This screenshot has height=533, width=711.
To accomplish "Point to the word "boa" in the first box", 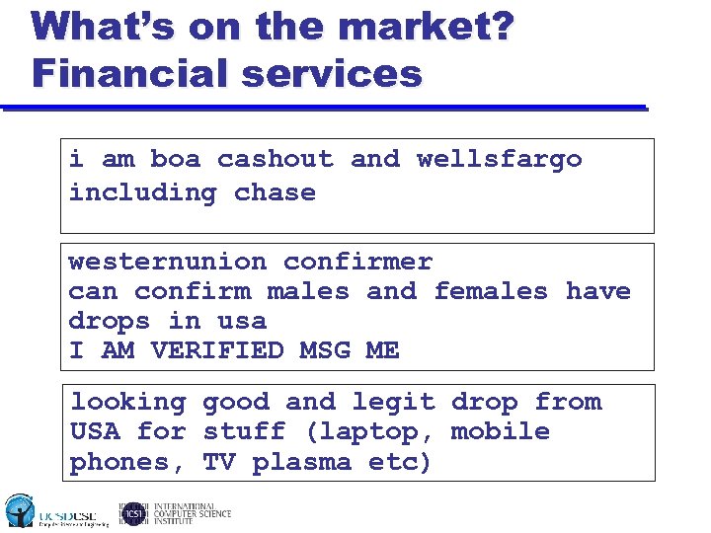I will click(175, 159).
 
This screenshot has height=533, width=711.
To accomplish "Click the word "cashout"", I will click(276, 159).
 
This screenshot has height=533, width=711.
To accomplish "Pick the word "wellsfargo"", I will click(500, 159).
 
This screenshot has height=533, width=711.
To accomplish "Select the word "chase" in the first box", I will click(275, 192).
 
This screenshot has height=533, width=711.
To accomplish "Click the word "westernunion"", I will click(167, 262).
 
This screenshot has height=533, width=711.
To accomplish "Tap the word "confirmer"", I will click(357, 262).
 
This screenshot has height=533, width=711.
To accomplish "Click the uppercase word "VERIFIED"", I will click(217, 350).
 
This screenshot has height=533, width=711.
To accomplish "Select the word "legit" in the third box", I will click(393, 402).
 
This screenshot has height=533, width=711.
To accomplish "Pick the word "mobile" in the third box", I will click(500, 431).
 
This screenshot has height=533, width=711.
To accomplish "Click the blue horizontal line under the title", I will click(326, 109).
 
